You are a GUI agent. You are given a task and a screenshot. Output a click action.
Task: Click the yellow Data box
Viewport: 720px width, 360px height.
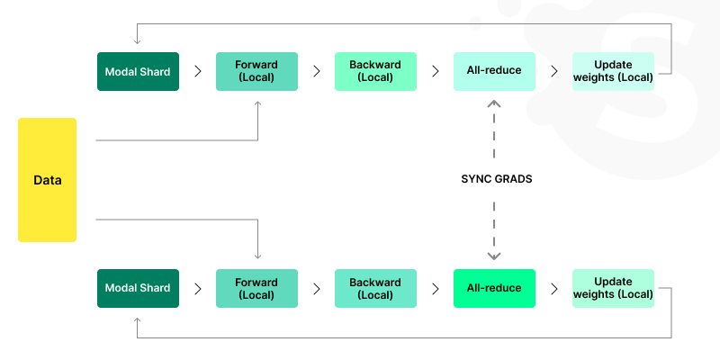pyautogui.click(x=47, y=180)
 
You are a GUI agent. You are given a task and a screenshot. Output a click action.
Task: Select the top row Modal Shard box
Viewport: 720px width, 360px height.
pyautogui.click(x=138, y=71)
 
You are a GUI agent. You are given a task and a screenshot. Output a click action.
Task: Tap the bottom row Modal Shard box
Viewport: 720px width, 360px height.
pyautogui.click(x=138, y=288)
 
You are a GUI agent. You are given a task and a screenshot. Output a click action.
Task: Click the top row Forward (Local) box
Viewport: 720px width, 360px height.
pyautogui.click(x=256, y=71)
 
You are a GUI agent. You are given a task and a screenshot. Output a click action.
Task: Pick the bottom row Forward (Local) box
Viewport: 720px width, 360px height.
pyautogui.click(x=256, y=288)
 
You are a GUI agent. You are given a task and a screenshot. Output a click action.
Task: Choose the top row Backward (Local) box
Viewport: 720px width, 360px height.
pyautogui.click(x=375, y=71)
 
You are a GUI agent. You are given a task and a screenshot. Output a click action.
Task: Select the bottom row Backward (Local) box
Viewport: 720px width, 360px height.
pyautogui.click(x=375, y=288)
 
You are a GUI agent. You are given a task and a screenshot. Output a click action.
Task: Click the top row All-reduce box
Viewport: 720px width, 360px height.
pyautogui.click(x=494, y=71)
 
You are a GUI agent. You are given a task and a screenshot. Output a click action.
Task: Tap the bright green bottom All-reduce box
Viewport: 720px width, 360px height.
pyautogui.click(x=494, y=288)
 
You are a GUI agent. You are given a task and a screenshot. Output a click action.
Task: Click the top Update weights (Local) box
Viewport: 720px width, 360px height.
pyautogui.click(x=613, y=71)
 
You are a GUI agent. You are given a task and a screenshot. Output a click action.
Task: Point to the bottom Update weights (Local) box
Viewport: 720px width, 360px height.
pyautogui.click(x=613, y=288)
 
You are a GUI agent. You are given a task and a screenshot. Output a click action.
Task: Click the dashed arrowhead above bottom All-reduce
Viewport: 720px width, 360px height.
pyautogui.click(x=494, y=256)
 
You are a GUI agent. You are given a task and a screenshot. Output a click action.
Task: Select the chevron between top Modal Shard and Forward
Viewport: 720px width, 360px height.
pyautogui.click(x=198, y=71)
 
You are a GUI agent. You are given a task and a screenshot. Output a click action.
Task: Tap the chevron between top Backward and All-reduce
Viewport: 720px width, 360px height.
pyautogui.click(x=436, y=71)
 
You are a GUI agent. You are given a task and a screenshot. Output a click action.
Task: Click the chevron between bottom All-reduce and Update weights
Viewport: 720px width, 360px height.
pyautogui.click(x=554, y=288)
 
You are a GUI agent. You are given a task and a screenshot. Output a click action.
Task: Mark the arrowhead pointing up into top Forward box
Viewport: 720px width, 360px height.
pyautogui.click(x=258, y=103)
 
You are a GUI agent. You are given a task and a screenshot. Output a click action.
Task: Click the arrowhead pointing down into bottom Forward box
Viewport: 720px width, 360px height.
pyautogui.click(x=258, y=256)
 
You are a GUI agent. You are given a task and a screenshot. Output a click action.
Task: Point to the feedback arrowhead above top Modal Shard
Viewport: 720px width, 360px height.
pyautogui.click(x=137, y=40)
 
